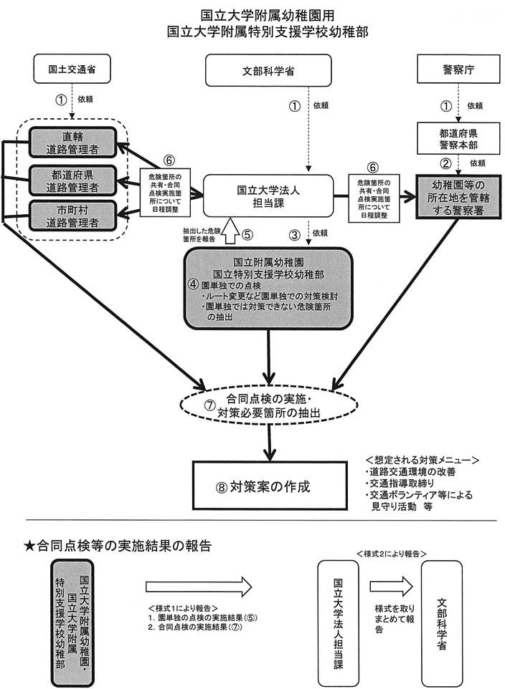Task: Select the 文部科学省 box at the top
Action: (x=268, y=71)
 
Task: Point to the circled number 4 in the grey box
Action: (x=193, y=282)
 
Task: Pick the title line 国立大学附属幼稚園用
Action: (x=253, y=15)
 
